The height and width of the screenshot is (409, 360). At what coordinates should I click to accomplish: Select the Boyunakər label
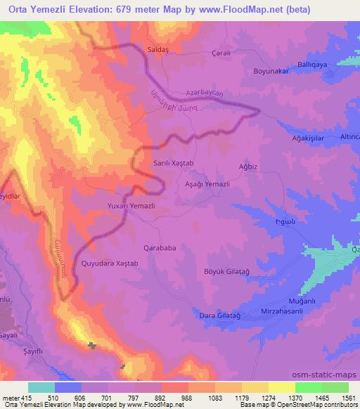pos(271,71)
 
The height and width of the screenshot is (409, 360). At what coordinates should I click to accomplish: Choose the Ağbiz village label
pos(249,167)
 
